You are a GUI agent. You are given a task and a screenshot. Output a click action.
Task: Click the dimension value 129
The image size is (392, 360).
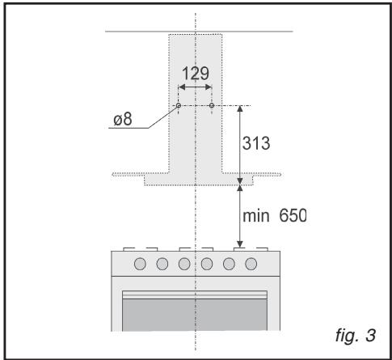click(196, 73)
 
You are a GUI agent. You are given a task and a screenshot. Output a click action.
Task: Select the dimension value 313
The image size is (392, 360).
click(256, 143)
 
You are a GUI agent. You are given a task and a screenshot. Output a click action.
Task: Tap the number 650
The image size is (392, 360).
click(293, 215)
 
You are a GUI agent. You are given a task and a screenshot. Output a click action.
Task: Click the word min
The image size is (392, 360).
click(256, 216)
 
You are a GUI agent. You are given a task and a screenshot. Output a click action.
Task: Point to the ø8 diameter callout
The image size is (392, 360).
click(123, 119)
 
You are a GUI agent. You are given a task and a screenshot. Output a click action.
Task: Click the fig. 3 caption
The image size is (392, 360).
click(356, 336)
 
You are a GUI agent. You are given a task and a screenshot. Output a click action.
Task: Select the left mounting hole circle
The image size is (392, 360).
click(179, 105)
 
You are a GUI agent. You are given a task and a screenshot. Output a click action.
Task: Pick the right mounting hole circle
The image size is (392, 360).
click(212, 105)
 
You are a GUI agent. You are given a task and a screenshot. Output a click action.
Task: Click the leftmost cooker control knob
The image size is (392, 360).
click(140, 264)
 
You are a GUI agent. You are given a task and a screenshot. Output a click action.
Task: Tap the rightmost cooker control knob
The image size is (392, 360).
click(251, 264)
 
